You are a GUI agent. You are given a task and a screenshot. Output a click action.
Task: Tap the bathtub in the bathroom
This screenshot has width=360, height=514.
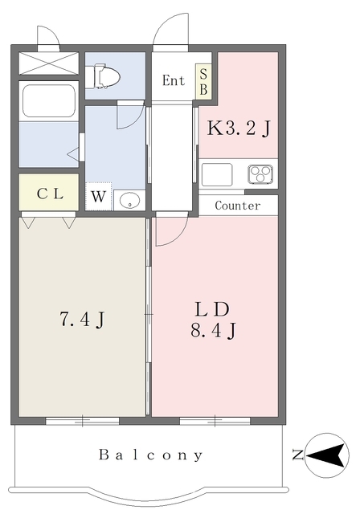pyautogui.click(x=49, y=100)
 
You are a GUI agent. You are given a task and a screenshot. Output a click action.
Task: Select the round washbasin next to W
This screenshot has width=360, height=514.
pyautogui.click(x=130, y=200)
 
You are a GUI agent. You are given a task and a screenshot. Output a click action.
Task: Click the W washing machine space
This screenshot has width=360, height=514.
pyautogui.click(x=98, y=196)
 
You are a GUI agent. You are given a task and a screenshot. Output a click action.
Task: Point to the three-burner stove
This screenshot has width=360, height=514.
pyautogui.click(x=260, y=174)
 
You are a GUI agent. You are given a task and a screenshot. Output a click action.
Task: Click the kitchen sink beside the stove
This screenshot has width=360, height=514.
pyautogui.click(x=217, y=174)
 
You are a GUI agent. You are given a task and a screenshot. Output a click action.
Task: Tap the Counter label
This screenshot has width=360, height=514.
pyautogui.click(x=238, y=206)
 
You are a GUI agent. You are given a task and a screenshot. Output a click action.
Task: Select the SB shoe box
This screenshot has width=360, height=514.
pyautogui.click(x=203, y=81)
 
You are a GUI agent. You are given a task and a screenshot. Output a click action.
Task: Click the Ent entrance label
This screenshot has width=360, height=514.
pyautogui.click(x=174, y=80)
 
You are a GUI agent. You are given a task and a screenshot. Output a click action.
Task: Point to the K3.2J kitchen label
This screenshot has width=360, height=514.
pyautogui.click(x=239, y=128)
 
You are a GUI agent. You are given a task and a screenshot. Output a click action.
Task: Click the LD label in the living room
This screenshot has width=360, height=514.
pyautogui.click(x=212, y=309)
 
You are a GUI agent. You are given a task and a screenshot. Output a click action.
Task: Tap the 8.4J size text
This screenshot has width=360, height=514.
pyautogui.click(x=213, y=330)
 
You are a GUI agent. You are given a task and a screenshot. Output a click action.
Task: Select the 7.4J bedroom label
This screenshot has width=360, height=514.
pyautogui.click(x=82, y=319)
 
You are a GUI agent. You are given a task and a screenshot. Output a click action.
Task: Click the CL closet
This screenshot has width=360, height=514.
pyautogui.click(x=49, y=192)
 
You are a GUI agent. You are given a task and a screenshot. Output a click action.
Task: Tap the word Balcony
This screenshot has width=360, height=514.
pyautogui.click(x=151, y=455)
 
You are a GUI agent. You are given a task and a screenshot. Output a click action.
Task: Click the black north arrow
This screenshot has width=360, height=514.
pyautogui.click(x=327, y=455)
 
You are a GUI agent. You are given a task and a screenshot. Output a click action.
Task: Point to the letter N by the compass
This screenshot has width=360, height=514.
pyautogui.click(x=297, y=455)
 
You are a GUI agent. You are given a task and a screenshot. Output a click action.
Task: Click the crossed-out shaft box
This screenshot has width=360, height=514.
pyautogui.click(x=49, y=63)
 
